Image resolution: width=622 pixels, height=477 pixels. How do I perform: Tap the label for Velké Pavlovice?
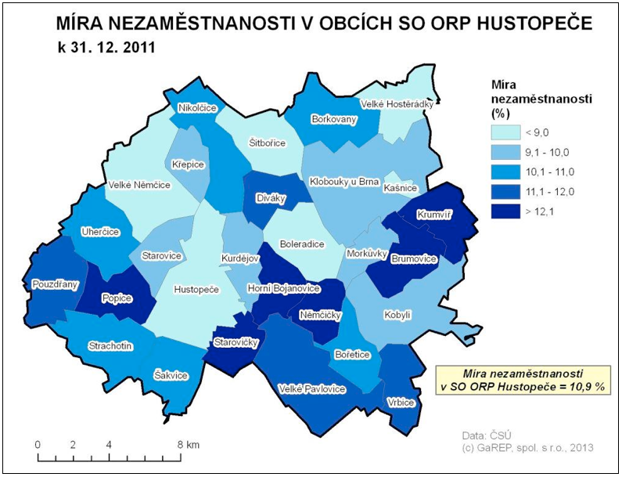point(311,388)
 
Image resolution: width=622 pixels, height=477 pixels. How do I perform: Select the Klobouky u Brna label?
point(344,181)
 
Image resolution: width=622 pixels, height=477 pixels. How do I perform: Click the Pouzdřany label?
point(55,284)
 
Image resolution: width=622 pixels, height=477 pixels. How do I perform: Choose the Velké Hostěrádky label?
point(397,103)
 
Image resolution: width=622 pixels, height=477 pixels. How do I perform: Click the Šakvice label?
point(171,375)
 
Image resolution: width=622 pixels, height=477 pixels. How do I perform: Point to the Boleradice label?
point(301,244)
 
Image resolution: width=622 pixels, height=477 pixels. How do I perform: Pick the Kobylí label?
point(397,315)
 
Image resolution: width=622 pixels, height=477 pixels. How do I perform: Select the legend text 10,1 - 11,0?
point(551,172)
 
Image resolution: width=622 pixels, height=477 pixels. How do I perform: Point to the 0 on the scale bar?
point(38,444)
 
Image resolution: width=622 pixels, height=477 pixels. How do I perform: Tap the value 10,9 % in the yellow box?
point(586,386)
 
